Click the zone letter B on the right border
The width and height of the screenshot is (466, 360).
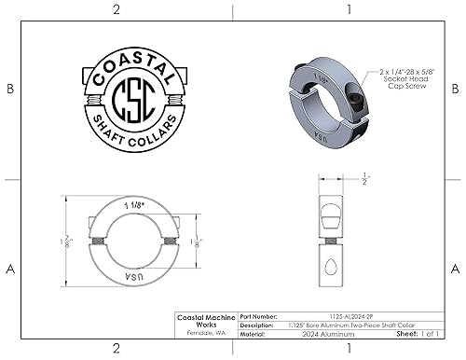click(454, 90)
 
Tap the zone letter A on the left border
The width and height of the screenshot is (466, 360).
click(10, 269)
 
